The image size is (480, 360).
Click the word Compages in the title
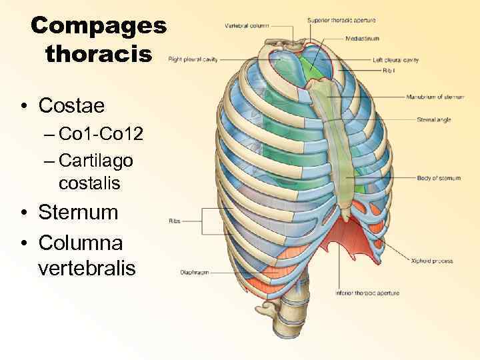pyautogui.click(x=98, y=27)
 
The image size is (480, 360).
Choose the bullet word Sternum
pyautogui.click(x=78, y=213)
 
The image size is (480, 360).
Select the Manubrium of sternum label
pyautogui.click(x=435, y=97)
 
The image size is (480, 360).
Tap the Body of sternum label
pyautogui.click(x=438, y=178)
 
